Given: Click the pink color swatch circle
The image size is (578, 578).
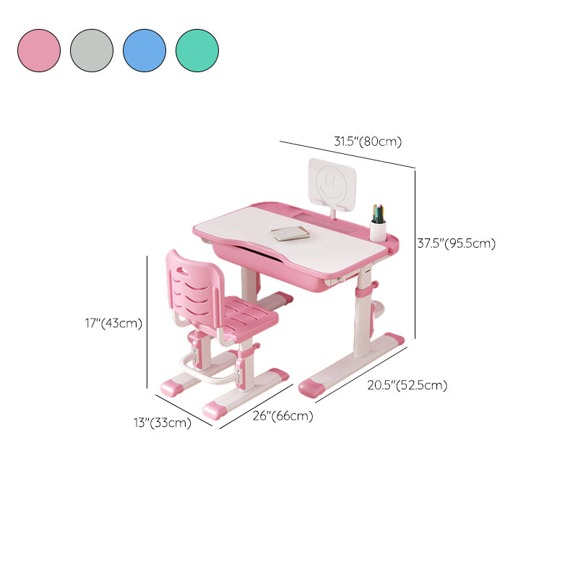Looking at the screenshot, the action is point(39,51).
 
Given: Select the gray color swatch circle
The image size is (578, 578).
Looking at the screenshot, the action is point(92,51).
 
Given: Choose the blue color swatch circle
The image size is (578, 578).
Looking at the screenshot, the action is point(144,51).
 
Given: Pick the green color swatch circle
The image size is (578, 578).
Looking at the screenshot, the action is point(197,51).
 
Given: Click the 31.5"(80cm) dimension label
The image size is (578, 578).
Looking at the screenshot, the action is point(368,142).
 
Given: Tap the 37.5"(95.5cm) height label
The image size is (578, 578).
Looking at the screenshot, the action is point(457,243).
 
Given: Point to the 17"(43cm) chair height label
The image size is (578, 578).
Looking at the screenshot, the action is point(113,323).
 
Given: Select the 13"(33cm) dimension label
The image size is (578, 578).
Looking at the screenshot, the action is point(163,423).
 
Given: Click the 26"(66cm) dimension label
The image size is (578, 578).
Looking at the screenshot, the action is point(282,416).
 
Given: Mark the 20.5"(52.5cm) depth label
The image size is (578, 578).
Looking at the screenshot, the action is point(407,385).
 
